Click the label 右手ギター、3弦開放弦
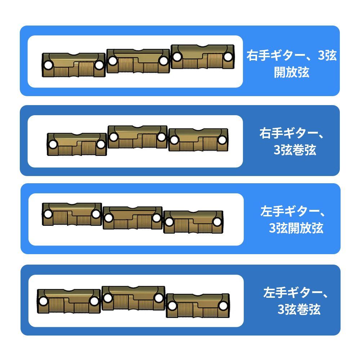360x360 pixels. click(292, 64)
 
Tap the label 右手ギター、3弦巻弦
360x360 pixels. click(292, 141)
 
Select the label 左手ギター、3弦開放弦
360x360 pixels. click(293, 220)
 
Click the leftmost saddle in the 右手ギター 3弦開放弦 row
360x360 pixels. click(74, 65)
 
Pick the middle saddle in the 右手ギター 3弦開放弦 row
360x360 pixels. click(138, 61)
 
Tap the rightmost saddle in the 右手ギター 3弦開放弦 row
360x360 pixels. click(202, 57)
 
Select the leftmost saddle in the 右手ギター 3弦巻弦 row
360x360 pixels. click(77, 144)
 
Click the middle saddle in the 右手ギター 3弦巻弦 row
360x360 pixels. click(138, 137)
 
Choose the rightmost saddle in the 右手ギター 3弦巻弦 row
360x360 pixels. click(198, 140)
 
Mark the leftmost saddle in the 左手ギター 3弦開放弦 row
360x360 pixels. click(72, 214)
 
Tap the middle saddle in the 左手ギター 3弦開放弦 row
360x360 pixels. click(133, 218)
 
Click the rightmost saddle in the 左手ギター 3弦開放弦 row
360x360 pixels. click(193, 222)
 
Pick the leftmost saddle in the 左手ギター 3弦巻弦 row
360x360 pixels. click(69, 301)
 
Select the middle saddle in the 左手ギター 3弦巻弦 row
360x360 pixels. click(134, 298)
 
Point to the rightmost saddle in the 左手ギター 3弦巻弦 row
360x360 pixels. click(198, 306)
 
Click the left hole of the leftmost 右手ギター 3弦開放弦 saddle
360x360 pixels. click(48, 65)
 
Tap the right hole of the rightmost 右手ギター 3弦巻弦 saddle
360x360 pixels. click(222, 140)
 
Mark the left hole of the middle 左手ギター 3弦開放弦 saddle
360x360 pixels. click(109, 218)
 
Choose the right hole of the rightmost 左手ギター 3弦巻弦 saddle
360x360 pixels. click(223, 306)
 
